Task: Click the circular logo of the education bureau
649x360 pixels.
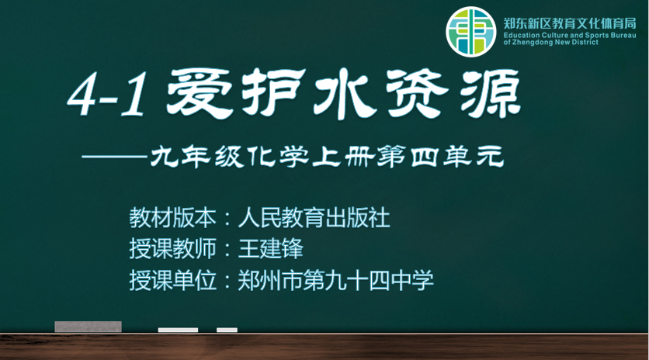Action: click(x=471, y=32)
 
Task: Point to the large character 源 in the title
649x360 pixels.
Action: click(x=490, y=94)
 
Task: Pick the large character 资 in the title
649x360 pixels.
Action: click(x=417, y=94)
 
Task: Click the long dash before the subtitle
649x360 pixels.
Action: click(x=115, y=157)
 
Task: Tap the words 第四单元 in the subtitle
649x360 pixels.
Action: click(x=441, y=157)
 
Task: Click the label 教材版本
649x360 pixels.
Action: click(x=172, y=218)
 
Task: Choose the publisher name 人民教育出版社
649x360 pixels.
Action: click(x=314, y=218)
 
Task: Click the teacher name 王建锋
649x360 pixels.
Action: click(x=271, y=249)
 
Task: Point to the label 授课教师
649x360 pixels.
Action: click(x=172, y=249)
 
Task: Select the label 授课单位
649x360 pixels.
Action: click(x=172, y=280)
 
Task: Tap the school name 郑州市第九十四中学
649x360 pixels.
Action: click(x=335, y=280)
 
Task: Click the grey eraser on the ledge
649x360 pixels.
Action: click(x=88, y=327)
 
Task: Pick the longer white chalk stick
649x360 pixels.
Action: click(x=178, y=330)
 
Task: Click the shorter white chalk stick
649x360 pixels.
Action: click(x=227, y=330)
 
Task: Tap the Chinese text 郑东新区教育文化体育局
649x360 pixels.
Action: click(x=570, y=23)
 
